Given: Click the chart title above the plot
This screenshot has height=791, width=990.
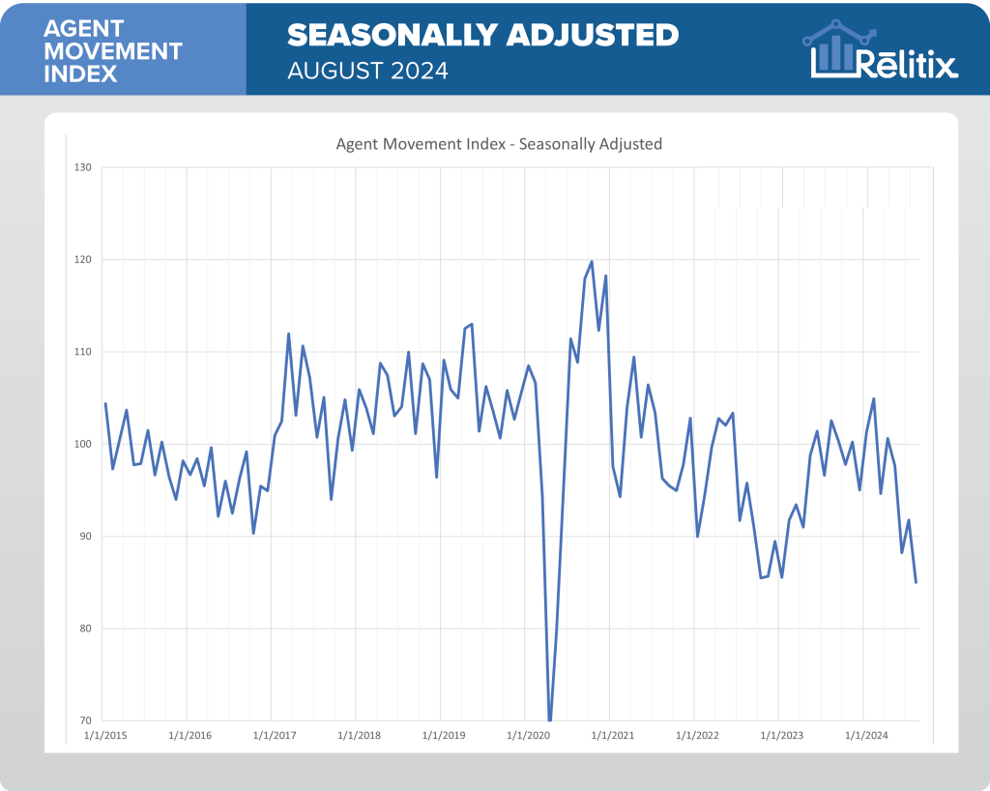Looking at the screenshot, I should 499,144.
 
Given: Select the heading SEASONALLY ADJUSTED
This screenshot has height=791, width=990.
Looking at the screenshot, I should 483,35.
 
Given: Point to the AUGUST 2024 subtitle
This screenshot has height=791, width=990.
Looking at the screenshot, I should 367,72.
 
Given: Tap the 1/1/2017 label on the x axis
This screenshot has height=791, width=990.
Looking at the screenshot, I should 275,736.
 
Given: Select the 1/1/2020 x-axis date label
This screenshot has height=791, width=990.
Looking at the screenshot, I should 529,736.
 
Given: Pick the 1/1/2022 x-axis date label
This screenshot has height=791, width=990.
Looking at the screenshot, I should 698,736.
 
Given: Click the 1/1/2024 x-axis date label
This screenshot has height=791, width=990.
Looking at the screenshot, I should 867,736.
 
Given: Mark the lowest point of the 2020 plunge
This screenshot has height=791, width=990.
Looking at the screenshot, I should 550,719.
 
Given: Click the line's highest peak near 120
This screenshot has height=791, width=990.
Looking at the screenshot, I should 592,261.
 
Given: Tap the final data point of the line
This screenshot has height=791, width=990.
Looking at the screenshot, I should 916,582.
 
